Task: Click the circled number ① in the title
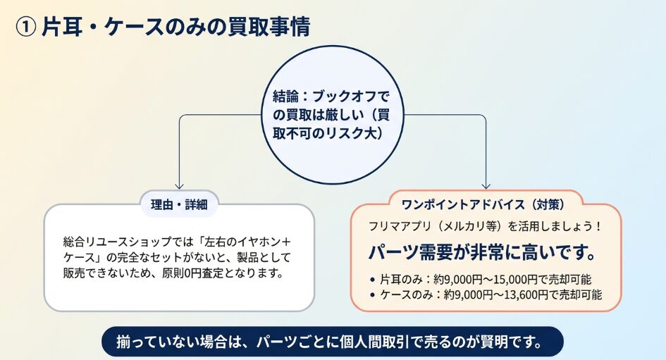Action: coord(25,28)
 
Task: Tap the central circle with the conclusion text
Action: coord(333,115)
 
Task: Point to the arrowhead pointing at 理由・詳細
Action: coord(179,186)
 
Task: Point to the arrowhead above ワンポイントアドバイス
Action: coord(486,186)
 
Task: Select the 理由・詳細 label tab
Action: coord(179,204)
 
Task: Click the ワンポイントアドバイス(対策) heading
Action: coord(483,204)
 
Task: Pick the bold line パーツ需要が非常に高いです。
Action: coord(482,253)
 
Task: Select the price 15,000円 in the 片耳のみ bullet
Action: coord(515,280)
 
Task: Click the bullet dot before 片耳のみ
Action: coord(373,280)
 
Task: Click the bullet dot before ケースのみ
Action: coord(373,295)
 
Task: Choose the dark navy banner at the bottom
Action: coord(333,342)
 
